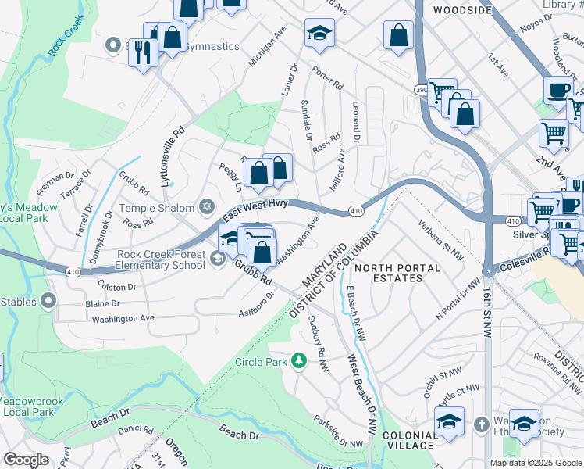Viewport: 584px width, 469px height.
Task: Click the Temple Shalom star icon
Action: pos(206,206)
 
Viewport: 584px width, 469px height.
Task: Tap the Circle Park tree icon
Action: pos(298,360)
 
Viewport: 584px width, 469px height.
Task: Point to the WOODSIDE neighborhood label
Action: pos(462,10)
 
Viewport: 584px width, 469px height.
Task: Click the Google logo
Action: pos(25,460)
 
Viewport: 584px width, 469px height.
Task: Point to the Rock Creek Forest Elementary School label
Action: pos(162,260)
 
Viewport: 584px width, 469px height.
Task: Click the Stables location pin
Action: pos(48,299)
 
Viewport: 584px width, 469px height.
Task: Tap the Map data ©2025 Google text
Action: pos(536,463)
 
